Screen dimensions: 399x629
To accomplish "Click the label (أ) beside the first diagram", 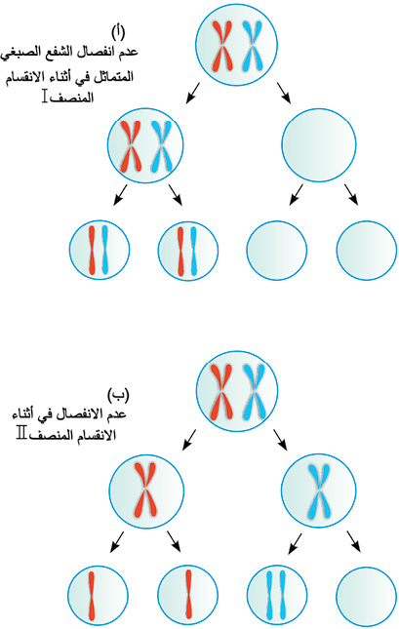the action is coord(118,32).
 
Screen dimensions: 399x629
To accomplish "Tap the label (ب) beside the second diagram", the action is coord(118,395).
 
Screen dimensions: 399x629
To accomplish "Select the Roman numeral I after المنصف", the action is coord(45,97).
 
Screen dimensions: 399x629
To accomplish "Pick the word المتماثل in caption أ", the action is coord(113,76).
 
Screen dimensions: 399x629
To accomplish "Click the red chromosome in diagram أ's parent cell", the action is coord(222,45).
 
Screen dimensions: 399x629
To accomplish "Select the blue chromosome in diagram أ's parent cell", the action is coord(253,46).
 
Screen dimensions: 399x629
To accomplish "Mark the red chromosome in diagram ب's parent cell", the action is coord(220,391).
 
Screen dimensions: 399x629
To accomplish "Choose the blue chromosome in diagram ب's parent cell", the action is coord(254,391).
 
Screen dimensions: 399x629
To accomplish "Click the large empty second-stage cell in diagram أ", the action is coord(319,144).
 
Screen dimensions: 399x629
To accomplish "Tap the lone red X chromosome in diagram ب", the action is coord(145,490).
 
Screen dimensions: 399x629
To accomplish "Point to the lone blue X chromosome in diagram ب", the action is coord(319,491).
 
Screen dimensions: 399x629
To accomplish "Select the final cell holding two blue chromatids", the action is coord(277,595).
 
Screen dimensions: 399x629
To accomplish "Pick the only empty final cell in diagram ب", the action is coord(367,595).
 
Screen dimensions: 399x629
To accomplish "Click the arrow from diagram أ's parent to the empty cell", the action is coord(284,93).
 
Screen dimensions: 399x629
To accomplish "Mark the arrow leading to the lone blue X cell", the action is coord(281,440).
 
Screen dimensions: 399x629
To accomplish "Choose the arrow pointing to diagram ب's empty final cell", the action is coord(353,542).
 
